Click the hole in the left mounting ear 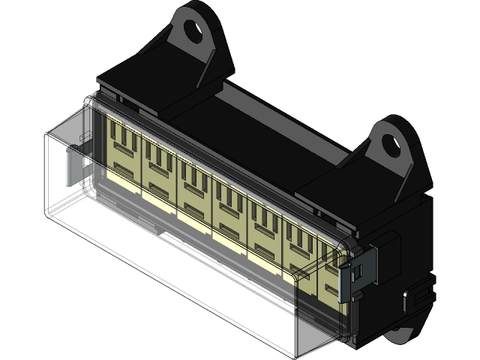click(193, 31)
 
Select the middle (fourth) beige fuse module click(229, 205)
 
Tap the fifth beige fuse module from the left click(265, 223)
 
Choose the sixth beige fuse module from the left click(299, 241)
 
